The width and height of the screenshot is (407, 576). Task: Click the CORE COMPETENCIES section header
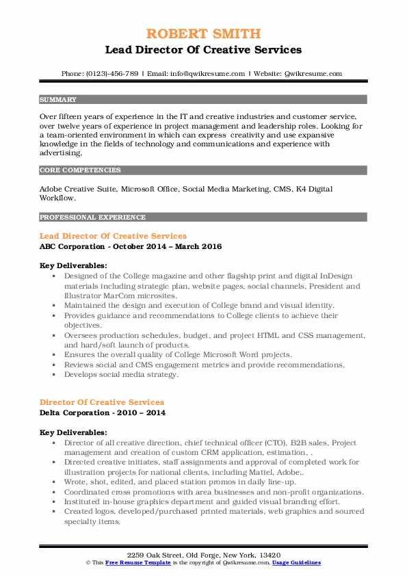coord(80,170)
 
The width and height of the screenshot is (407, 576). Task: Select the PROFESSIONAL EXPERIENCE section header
coord(92,217)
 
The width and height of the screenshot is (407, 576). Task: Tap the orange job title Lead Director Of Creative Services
coord(113,236)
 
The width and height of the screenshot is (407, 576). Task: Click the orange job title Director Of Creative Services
coord(102,402)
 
